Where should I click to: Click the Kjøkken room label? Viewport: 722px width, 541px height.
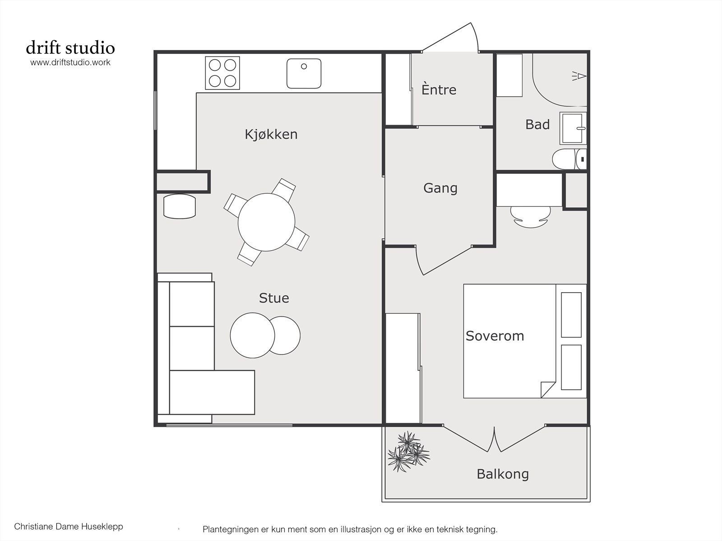pyautogui.click(x=271, y=134)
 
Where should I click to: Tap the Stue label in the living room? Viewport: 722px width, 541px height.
pyautogui.click(x=274, y=298)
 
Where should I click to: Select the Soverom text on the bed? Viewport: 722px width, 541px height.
pyautogui.click(x=495, y=336)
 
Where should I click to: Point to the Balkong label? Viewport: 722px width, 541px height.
pyautogui.click(x=503, y=474)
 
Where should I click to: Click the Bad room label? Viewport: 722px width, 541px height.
pyautogui.click(x=537, y=124)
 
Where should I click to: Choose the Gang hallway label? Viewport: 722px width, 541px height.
pyautogui.click(x=440, y=188)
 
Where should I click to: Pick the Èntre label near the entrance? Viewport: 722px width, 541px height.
pyautogui.click(x=439, y=89)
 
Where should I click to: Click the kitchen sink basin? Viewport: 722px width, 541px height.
pyautogui.click(x=304, y=74)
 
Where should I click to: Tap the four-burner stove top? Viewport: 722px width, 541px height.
pyautogui.click(x=222, y=73)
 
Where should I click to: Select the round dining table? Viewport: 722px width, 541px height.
pyautogui.click(x=266, y=222)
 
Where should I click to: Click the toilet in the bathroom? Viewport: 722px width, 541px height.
pyautogui.click(x=569, y=159)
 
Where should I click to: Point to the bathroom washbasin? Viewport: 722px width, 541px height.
pyautogui.click(x=573, y=128)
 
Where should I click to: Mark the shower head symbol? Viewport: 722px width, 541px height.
pyautogui.click(x=579, y=76)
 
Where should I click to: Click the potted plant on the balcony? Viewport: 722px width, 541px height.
pyautogui.click(x=408, y=451)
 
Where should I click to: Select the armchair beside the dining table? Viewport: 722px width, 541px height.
pyautogui.click(x=180, y=206)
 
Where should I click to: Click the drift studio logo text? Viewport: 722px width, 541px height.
pyautogui.click(x=70, y=47)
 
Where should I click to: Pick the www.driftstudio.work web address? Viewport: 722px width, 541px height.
pyautogui.click(x=70, y=62)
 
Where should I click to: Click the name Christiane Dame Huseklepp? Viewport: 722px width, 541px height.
pyautogui.click(x=69, y=527)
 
